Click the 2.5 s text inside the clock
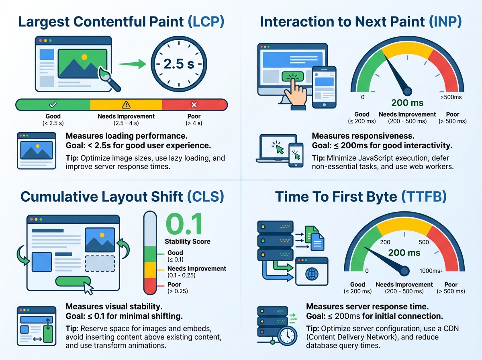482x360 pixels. click(x=179, y=64)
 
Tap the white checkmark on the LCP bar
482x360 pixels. click(x=53, y=105)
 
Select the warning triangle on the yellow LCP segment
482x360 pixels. click(x=126, y=105)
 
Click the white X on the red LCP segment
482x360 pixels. click(x=194, y=105)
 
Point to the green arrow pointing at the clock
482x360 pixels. click(x=132, y=64)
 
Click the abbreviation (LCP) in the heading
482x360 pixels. click(x=206, y=22)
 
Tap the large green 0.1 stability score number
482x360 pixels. click(x=184, y=224)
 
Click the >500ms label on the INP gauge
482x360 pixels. click(x=451, y=97)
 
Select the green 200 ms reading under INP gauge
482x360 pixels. click(x=407, y=103)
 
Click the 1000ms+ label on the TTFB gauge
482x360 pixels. click(x=431, y=271)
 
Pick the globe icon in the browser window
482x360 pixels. click(x=312, y=274)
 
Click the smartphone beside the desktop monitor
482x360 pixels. click(x=324, y=87)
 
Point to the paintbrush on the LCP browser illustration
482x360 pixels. click(x=109, y=79)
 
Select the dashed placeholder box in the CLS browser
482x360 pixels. click(x=100, y=264)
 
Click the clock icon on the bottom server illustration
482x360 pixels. click(x=287, y=335)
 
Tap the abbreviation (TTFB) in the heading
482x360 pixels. click(x=424, y=196)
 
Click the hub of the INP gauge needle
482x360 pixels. click(x=407, y=91)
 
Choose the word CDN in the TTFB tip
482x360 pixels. click(x=451, y=329)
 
